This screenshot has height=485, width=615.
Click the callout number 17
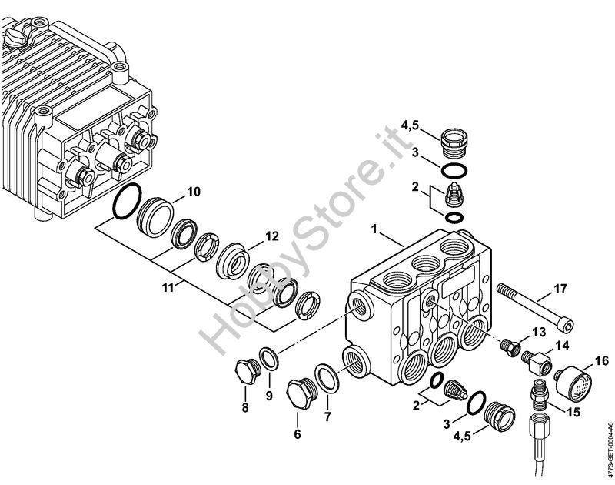tap(560, 289)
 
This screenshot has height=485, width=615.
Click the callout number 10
tap(194, 192)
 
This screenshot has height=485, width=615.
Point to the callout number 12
tap(272, 236)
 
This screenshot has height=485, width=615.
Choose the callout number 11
tap(168, 288)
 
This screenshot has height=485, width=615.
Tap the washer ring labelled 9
tap(269, 359)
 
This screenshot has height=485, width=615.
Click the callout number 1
tap(374, 229)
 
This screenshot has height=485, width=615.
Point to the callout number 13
tap(540, 333)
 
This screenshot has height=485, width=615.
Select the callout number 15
tap(572, 413)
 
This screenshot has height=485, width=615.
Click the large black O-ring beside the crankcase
tap(127, 201)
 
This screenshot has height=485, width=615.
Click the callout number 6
tap(298, 434)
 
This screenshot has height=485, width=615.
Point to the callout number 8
tap(245, 408)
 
